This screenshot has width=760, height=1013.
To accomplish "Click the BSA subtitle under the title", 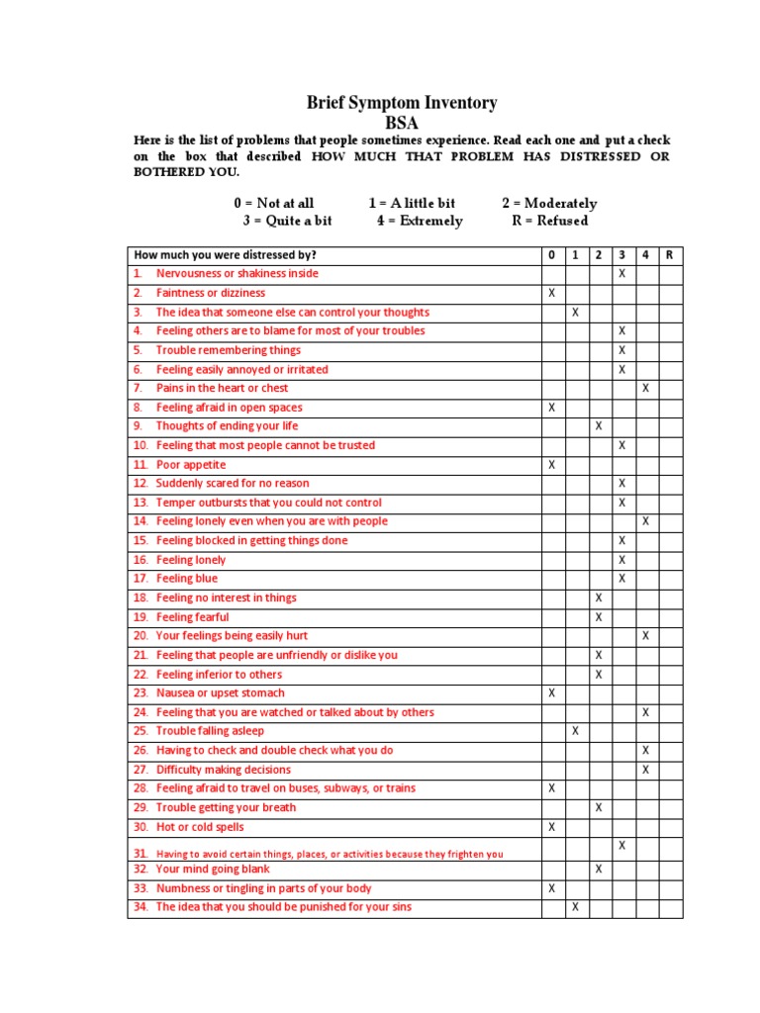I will click(401, 123).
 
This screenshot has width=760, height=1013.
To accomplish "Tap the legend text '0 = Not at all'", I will click(274, 203).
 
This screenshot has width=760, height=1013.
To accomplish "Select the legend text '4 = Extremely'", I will click(419, 221).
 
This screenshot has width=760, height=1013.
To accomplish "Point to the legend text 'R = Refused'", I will click(549, 221).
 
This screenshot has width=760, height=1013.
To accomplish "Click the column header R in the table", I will click(669, 255).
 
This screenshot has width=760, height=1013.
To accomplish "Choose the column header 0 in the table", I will click(551, 255).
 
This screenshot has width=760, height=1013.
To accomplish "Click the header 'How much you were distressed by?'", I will click(226, 255).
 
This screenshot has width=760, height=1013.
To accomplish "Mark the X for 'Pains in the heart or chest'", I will click(645, 388).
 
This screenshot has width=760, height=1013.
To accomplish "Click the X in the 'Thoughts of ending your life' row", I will click(599, 426).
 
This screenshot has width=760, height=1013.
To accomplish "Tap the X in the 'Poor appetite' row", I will click(551, 464).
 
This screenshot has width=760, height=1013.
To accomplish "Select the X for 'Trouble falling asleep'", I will click(575, 731).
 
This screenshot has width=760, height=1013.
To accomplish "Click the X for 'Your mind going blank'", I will click(599, 869).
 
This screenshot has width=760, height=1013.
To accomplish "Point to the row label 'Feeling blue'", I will click(187, 579).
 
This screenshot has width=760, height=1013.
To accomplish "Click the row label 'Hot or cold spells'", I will click(200, 827).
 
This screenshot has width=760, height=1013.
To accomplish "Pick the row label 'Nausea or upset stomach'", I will click(220, 693).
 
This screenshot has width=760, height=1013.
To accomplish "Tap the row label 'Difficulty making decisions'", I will click(224, 770).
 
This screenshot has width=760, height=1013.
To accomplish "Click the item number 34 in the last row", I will click(141, 907).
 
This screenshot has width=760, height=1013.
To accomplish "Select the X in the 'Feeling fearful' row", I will click(599, 617).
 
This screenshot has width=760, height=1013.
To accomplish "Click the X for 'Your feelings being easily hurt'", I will click(645, 636).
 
